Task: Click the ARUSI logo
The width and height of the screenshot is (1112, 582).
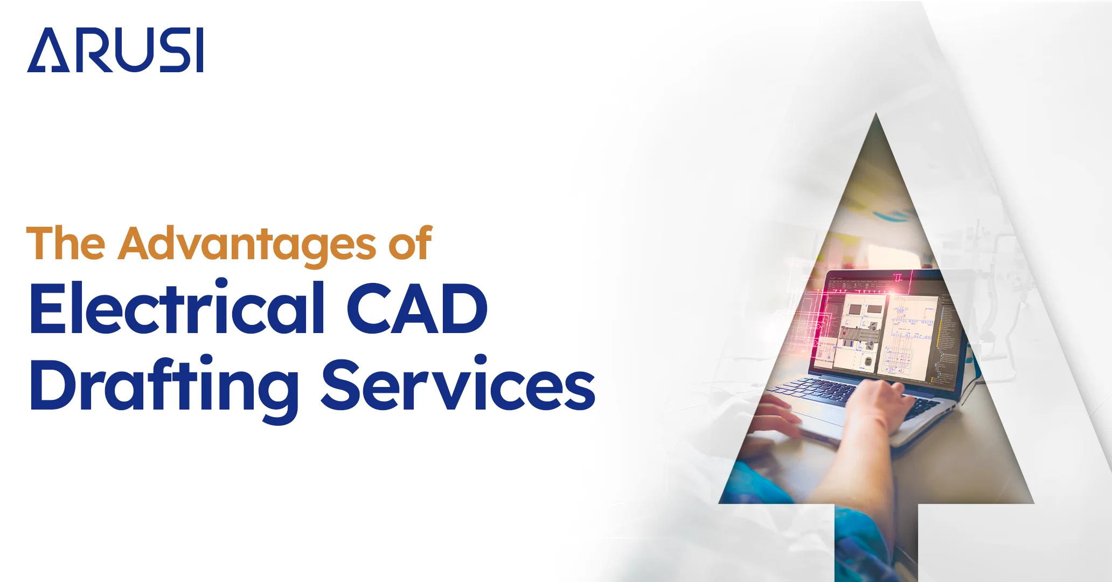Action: (115, 50)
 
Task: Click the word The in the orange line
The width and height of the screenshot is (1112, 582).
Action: (66, 244)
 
